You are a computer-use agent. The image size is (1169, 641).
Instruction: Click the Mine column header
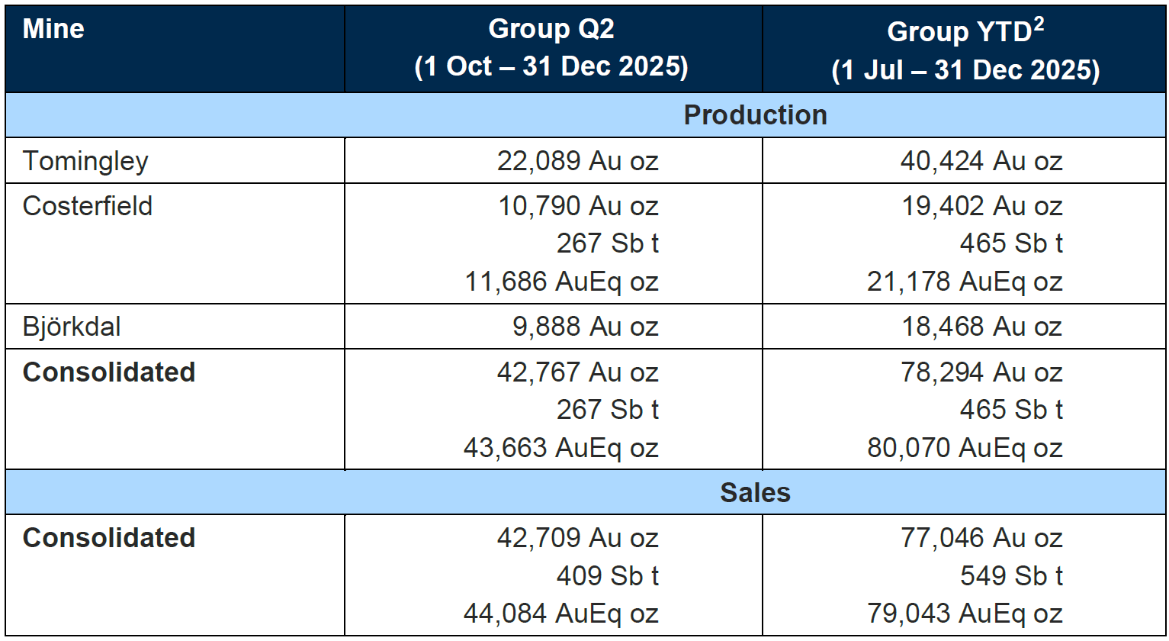click(53, 30)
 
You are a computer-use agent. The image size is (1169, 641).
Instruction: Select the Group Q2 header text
click(551, 30)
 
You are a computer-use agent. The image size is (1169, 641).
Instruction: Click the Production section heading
click(755, 115)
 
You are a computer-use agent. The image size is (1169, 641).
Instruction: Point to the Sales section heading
click(755, 493)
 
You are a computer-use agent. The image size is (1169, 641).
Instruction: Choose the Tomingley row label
click(85, 161)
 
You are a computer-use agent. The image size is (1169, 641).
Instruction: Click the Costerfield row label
click(88, 206)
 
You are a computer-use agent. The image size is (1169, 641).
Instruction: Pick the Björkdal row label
click(72, 327)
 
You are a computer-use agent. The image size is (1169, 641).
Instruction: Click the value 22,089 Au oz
click(577, 161)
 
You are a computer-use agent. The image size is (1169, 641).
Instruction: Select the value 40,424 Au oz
click(981, 161)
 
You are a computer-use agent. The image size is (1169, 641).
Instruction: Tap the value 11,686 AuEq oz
click(561, 282)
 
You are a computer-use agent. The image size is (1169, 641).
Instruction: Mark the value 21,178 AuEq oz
click(965, 282)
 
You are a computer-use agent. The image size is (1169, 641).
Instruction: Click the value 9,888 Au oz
click(586, 327)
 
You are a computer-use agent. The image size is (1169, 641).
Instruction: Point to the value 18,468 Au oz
click(981, 327)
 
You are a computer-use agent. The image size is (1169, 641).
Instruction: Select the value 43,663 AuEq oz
click(560, 447)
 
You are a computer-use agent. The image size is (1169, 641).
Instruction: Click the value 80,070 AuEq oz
click(965, 447)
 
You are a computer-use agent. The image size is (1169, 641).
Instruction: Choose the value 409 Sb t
click(607, 575)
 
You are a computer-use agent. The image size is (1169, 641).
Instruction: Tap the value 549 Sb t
click(1010, 575)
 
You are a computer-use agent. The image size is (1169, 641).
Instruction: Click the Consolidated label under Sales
click(109, 538)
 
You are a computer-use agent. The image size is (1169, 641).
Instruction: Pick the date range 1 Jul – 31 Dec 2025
click(965, 70)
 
